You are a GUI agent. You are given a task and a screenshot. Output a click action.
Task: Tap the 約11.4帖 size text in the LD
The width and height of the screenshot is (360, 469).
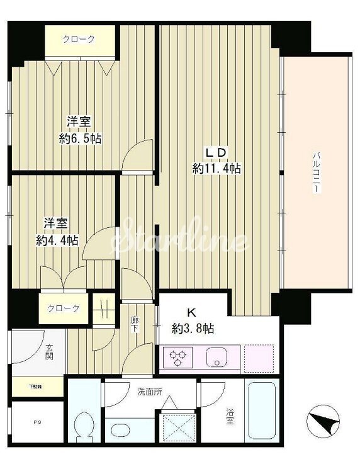217,169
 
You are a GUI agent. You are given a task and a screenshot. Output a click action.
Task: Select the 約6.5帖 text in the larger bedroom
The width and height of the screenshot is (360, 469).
81,138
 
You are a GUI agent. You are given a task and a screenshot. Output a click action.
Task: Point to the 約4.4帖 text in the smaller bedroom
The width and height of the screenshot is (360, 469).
57,240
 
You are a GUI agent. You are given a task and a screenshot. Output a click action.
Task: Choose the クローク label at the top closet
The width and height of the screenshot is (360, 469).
79,40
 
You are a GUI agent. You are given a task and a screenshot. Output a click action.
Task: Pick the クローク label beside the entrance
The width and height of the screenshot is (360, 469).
64,308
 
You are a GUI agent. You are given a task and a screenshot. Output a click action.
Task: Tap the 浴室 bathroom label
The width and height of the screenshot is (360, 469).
230,416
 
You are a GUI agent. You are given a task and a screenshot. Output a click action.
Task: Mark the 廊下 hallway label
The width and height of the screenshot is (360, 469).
134,324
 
